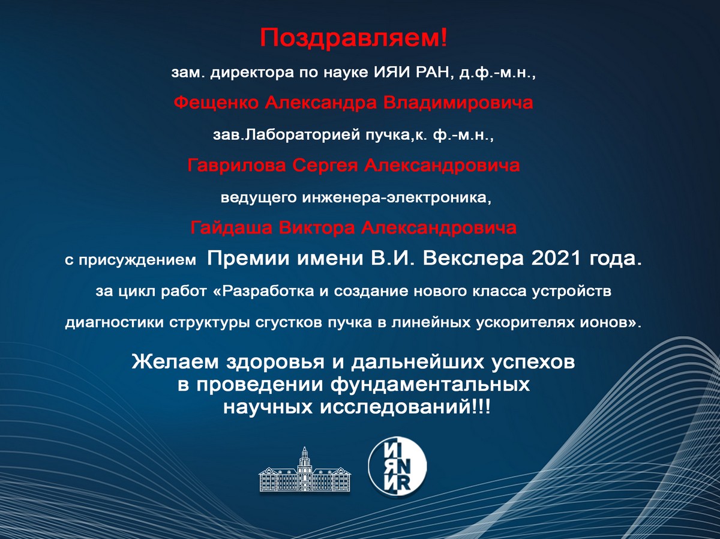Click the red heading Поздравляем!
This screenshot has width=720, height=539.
(353, 38)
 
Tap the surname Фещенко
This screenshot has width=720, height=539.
(217, 103)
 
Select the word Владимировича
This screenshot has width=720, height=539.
(458, 103)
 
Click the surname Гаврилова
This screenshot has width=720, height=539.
(236, 166)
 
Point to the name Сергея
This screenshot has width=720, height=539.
(325, 166)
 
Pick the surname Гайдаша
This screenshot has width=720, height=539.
(231, 227)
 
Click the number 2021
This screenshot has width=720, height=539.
(556, 259)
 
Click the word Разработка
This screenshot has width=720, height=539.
(265, 291)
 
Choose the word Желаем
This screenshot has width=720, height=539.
(175, 362)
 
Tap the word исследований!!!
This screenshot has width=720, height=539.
(406, 408)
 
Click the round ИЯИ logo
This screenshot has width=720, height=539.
(397, 466)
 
